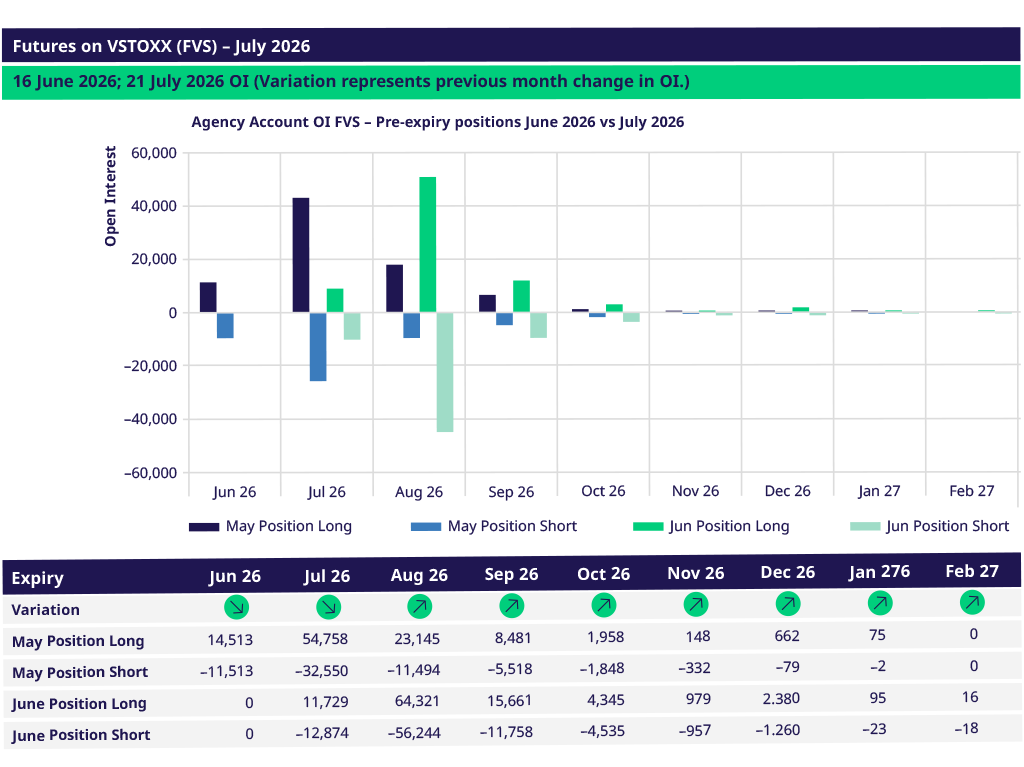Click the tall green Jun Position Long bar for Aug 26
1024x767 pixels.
(428, 244)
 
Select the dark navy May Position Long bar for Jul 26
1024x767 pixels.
(301, 255)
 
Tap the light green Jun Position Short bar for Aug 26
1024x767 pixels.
(445, 372)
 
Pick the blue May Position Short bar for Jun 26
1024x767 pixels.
(225, 325)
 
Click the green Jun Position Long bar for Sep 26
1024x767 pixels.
(521, 297)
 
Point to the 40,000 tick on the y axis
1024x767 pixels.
(154, 206)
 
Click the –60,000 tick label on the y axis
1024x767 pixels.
(150, 473)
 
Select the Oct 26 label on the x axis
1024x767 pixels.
(603, 491)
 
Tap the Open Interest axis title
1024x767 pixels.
(110, 196)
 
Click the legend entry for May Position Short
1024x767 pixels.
(494, 526)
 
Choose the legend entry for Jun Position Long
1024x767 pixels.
(711, 526)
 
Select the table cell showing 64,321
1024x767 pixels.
(417, 701)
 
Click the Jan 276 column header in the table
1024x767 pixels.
(879, 572)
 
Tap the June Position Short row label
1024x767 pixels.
(81, 735)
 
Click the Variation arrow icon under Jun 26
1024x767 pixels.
(236, 607)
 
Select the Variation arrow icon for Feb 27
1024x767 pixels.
(972, 602)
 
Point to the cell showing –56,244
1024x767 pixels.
(414, 732)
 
